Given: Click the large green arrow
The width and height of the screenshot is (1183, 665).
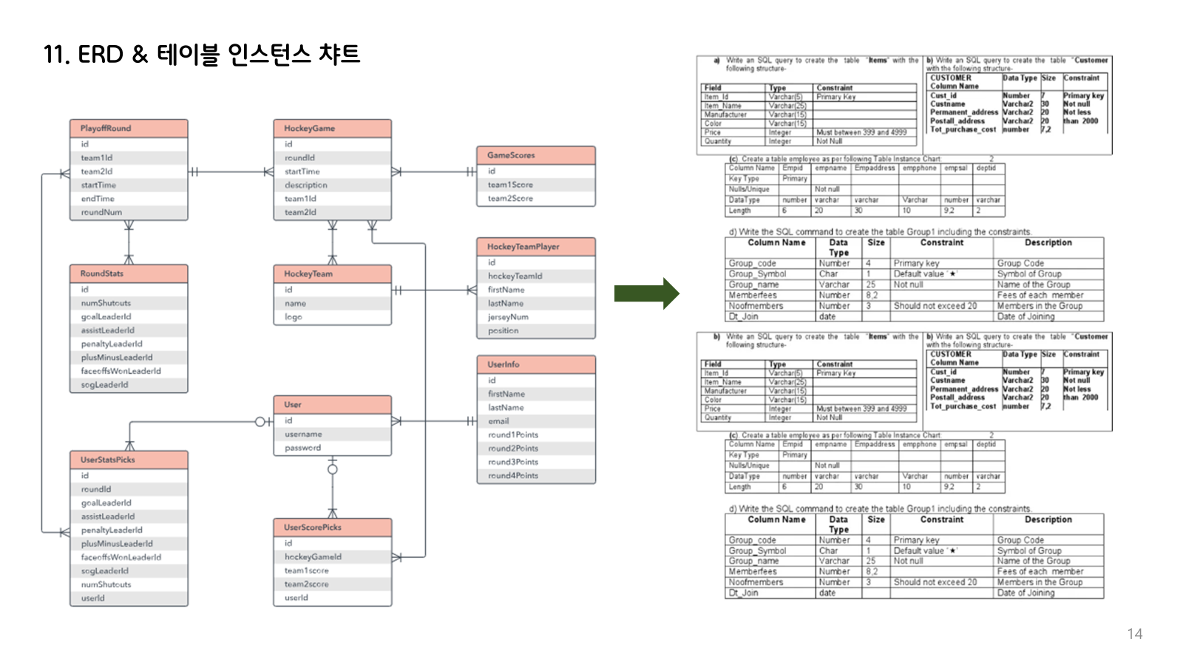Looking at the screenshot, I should (x=646, y=293).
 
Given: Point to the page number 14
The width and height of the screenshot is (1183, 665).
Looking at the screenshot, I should (x=1134, y=634).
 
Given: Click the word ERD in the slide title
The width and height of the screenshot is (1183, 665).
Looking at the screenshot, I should (x=101, y=54).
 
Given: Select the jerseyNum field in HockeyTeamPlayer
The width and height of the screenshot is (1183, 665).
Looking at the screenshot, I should (x=508, y=317).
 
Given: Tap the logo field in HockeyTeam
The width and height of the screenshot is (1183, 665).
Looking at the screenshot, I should (x=294, y=317).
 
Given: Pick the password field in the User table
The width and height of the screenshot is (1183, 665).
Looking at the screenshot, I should (x=303, y=448).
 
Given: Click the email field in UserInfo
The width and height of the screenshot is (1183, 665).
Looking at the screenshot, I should (x=498, y=421).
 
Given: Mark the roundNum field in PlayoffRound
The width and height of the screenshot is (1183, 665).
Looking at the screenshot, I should (x=101, y=212).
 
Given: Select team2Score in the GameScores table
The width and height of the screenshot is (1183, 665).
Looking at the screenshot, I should (x=510, y=198).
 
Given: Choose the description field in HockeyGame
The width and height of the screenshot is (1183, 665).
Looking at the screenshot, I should (x=306, y=185).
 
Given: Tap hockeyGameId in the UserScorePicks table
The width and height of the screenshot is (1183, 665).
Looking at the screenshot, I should (x=313, y=556).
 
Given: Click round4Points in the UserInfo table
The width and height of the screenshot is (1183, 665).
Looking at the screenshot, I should (x=513, y=476).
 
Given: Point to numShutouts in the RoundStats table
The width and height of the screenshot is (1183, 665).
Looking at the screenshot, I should (x=106, y=303).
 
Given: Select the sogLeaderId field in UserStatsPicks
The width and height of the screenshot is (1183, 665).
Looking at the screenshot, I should (x=104, y=570).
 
